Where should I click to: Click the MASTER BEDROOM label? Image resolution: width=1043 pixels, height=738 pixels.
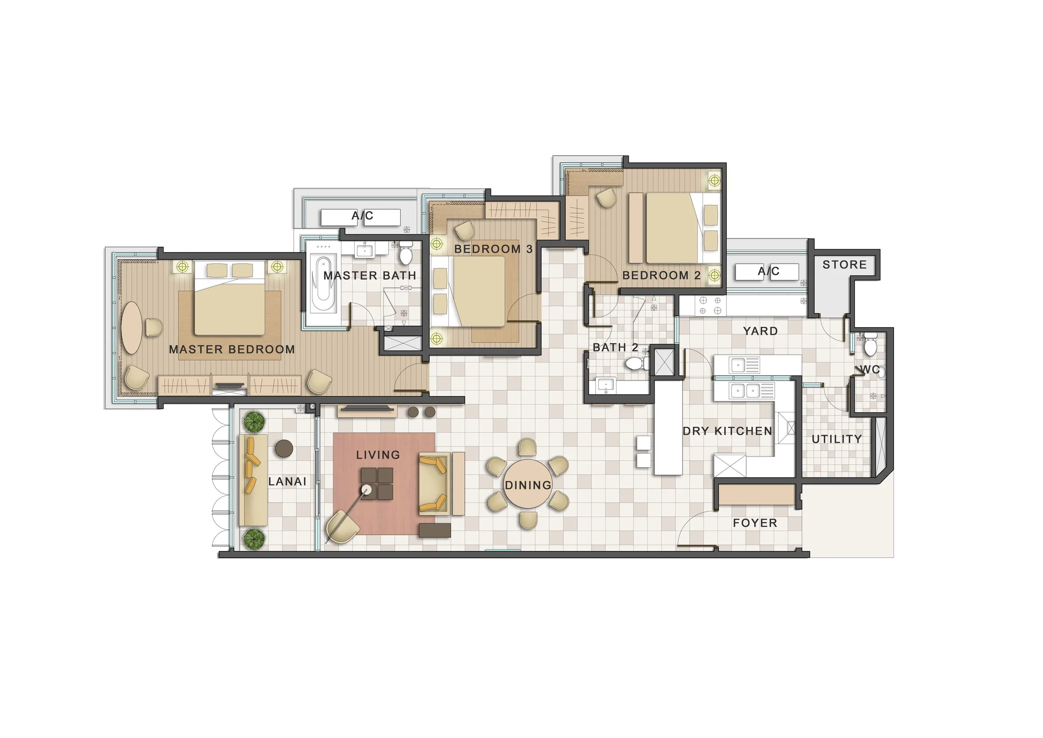232,349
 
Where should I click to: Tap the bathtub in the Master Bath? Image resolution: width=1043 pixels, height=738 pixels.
323,284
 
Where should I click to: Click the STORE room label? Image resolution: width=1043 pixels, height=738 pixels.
844,265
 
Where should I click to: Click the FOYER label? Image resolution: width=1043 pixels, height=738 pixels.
755,523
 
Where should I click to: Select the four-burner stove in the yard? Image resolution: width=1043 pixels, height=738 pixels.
710,306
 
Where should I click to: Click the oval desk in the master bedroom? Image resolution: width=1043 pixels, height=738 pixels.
131,328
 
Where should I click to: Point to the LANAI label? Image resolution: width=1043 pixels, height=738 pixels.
287,482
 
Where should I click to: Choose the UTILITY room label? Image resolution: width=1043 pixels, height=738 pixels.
836,439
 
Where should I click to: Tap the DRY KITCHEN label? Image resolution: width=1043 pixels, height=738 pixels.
727,431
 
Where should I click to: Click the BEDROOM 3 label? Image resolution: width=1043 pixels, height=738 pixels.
493,249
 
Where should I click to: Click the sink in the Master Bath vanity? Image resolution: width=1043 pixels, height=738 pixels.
364,250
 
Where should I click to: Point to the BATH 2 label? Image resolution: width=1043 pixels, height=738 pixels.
615,348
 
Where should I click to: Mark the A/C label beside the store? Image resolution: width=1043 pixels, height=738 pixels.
768,272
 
